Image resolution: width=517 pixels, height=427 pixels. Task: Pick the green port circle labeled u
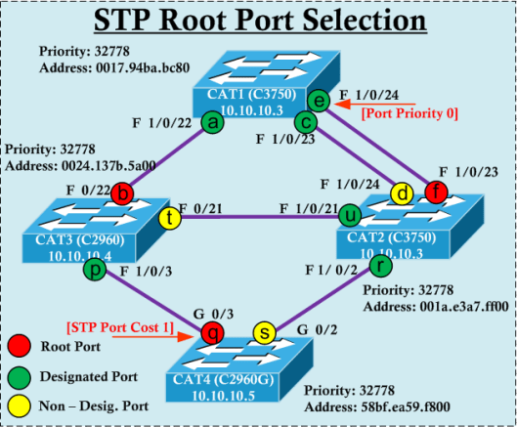click(349, 212)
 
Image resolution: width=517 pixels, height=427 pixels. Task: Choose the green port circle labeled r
click(379, 265)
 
